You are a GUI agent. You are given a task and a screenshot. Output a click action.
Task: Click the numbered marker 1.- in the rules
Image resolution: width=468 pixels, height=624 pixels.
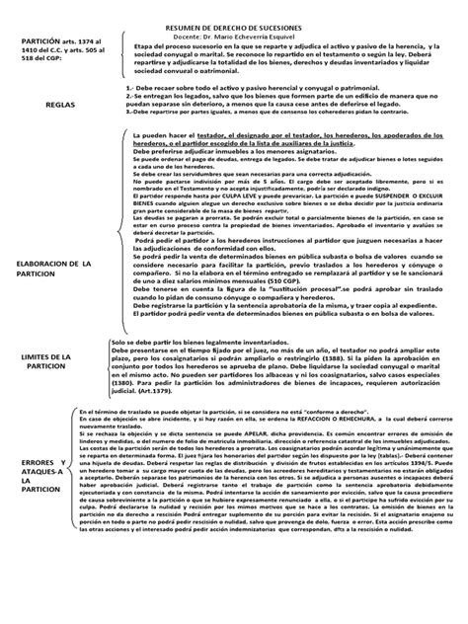(134, 87)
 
